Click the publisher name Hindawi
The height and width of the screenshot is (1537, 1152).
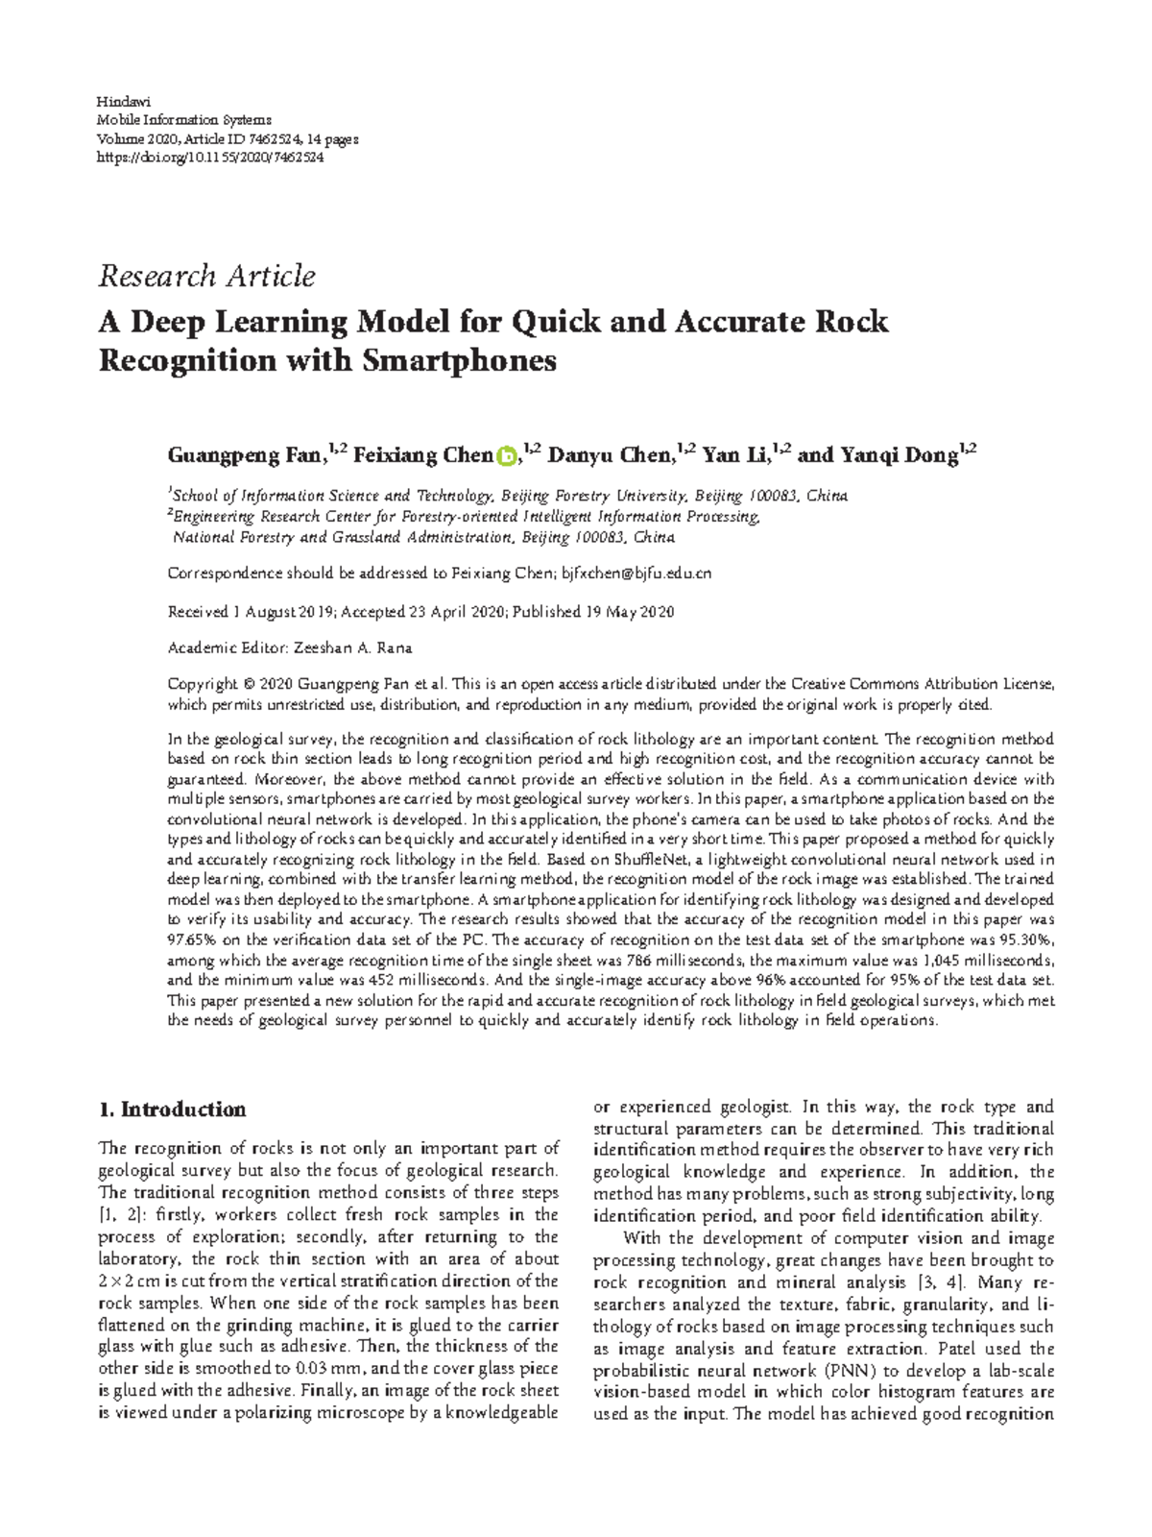[x=119, y=102]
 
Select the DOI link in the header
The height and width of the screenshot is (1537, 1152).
[x=211, y=158]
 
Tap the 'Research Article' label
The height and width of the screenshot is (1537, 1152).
[x=206, y=277]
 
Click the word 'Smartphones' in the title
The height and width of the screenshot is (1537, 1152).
[x=461, y=361]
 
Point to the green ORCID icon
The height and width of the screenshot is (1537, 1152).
[x=507, y=456]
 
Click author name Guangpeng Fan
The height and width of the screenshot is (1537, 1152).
[x=244, y=455]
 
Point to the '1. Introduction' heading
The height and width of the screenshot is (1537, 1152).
[x=173, y=1110]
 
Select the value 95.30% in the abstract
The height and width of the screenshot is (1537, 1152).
[x=1023, y=939]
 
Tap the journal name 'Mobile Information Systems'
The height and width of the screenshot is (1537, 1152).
[x=184, y=120]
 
